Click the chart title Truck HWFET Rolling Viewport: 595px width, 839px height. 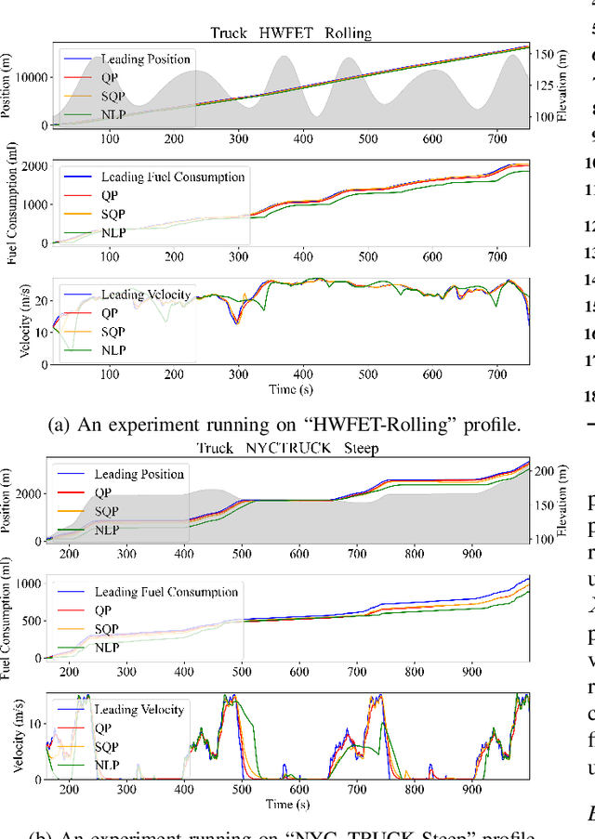tap(292, 33)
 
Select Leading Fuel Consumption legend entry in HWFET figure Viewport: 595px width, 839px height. tap(172, 177)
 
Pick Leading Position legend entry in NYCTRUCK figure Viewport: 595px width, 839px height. tap(139, 474)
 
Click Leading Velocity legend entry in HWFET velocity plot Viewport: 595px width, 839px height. tap(145, 295)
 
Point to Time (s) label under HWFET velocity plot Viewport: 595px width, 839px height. tap(290, 387)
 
